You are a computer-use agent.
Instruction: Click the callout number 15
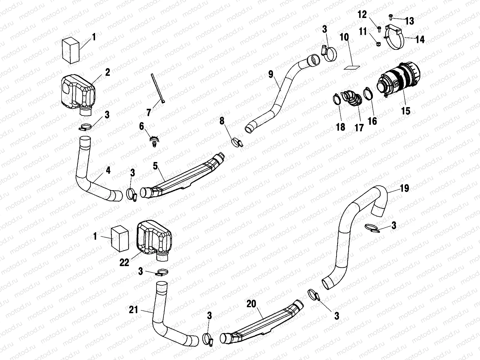(x=405, y=110)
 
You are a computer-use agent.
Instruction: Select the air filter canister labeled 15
(x=399, y=77)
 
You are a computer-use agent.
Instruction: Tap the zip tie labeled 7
(x=157, y=88)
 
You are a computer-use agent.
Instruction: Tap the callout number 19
(x=404, y=188)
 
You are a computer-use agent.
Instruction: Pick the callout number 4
(x=108, y=171)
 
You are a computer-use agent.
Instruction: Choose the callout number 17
(x=359, y=127)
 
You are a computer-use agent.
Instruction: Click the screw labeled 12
(x=379, y=29)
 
